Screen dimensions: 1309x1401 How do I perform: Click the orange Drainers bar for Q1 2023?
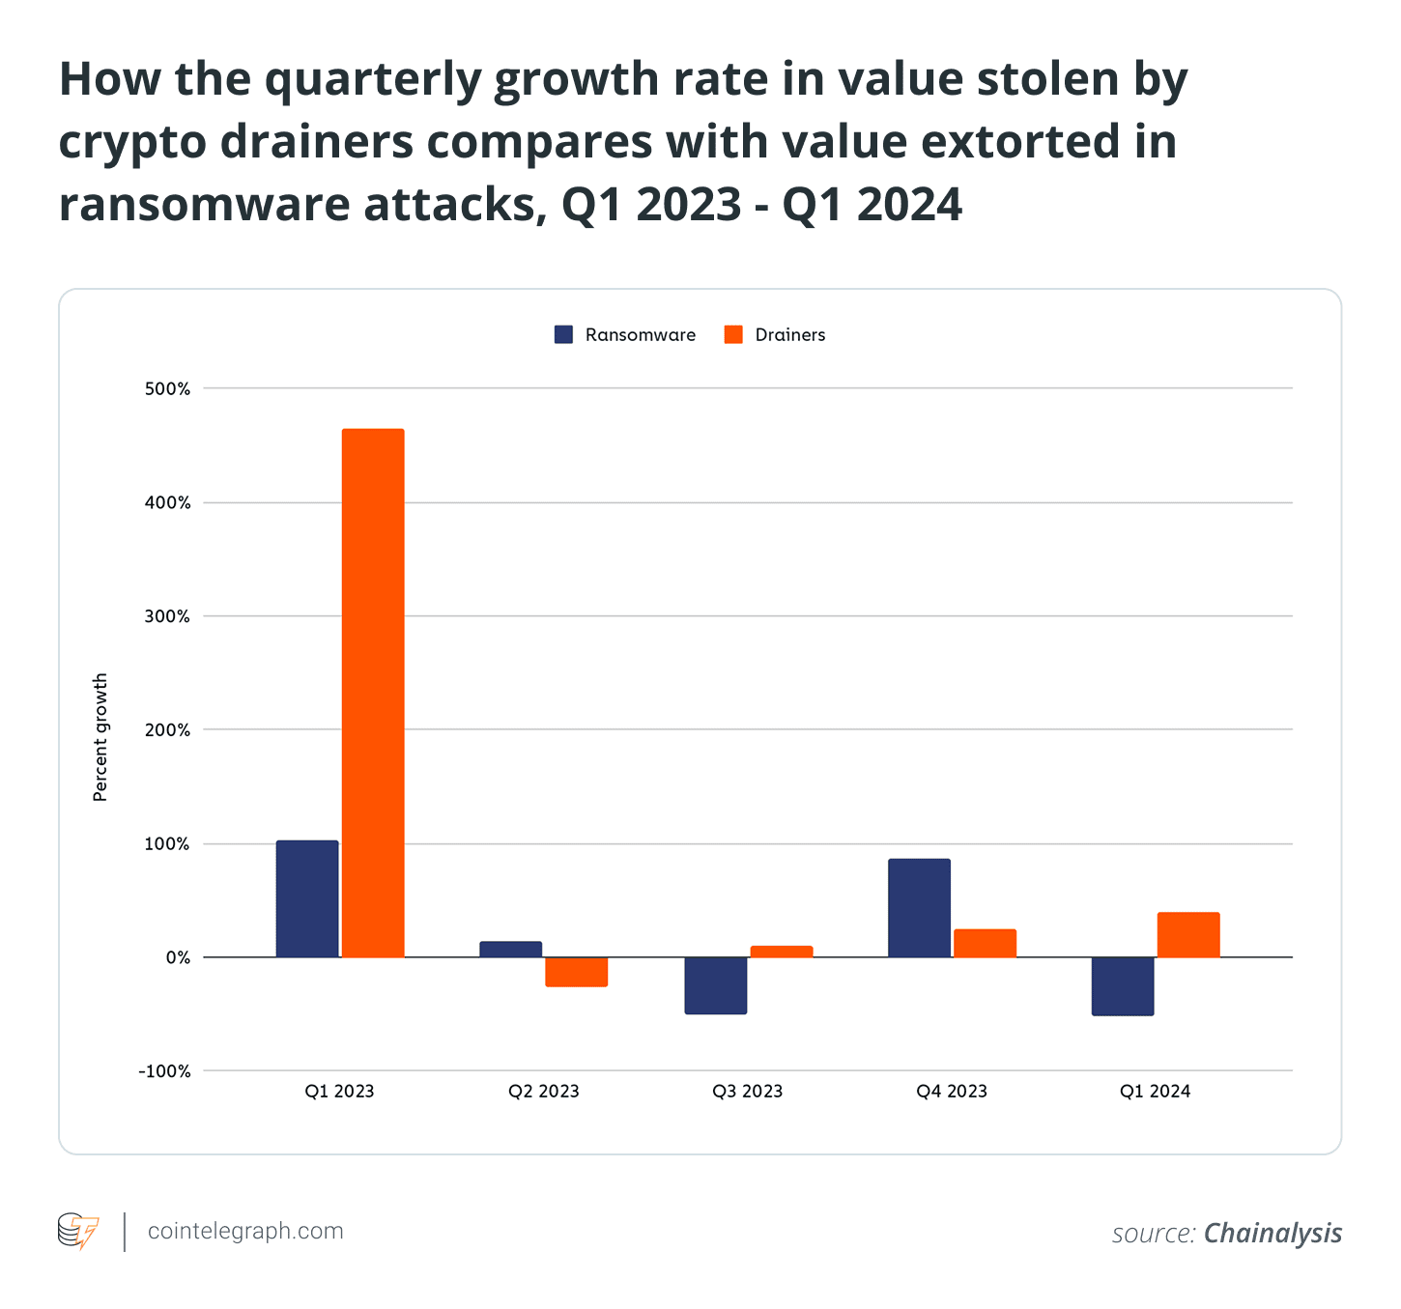coord(373,693)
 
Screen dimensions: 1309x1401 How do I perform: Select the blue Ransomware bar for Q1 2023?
coord(307,898)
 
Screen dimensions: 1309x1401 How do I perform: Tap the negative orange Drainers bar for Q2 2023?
coord(576,972)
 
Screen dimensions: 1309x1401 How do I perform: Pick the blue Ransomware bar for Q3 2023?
coord(715,985)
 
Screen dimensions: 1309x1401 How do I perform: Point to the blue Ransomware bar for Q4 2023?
coord(919,908)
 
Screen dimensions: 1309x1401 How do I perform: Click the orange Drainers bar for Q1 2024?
coord(1188,934)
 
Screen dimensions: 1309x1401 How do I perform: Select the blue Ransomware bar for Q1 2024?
coord(1123,986)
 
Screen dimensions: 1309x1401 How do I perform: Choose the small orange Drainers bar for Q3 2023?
coord(781,952)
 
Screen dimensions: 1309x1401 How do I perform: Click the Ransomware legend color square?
coord(563,334)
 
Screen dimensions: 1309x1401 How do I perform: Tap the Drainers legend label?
coord(789,335)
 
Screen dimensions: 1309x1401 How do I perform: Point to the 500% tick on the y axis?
coord(168,389)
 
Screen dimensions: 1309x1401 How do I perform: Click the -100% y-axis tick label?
coord(164,1071)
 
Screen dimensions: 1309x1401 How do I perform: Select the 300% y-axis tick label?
coord(168,616)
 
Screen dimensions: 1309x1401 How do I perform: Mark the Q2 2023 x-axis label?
coord(543,1092)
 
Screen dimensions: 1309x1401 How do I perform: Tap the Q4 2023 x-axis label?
coord(952,1092)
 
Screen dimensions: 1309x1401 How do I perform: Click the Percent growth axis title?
coord(100,737)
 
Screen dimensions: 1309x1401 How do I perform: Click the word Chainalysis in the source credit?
coord(1272,1234)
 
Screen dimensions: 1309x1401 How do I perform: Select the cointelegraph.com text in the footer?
coord(245,1232)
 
